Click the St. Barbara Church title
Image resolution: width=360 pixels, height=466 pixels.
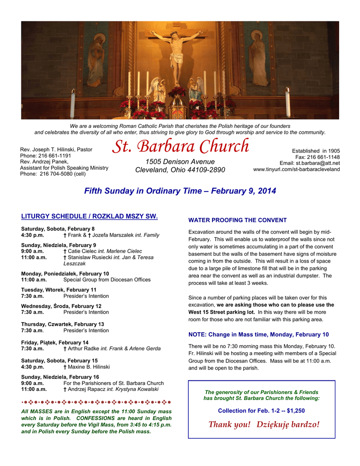pyautogui.click(x=180, y=147)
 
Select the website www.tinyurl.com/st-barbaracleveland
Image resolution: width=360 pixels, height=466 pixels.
pyautogui.click(x=296, y=169)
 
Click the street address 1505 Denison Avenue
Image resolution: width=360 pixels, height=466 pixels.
pyautogui.click(x=180, y=162)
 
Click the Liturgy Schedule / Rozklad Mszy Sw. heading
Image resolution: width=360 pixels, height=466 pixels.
pyautogui.click(x=89, y=217)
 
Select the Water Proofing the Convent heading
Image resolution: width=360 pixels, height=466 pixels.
pyautogui.click(x=238, y=220)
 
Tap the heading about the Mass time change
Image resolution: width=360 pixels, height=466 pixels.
pyautogui.click(x=258, y=334)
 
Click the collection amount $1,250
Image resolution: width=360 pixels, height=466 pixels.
pyautogui.click(x=296, y=410)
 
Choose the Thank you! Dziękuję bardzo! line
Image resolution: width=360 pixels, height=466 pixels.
pyautogui.click(x=264, y=425)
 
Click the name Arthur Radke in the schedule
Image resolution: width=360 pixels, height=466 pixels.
pyautogui.click(x=83, y=349)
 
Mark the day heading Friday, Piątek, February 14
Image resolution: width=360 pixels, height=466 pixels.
pyautogui.click(x=55, y=342)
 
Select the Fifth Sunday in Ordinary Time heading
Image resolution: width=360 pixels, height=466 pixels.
pyautogui.click(x=180, y=191)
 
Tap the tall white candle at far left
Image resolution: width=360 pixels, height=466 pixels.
pyautogui.click(x=72, y=103)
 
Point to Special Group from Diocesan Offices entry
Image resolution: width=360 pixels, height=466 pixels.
pyautogui.click(x=106, y=280)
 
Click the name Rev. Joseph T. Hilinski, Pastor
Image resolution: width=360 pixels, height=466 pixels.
pyautogui.click(x=56, y=149)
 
